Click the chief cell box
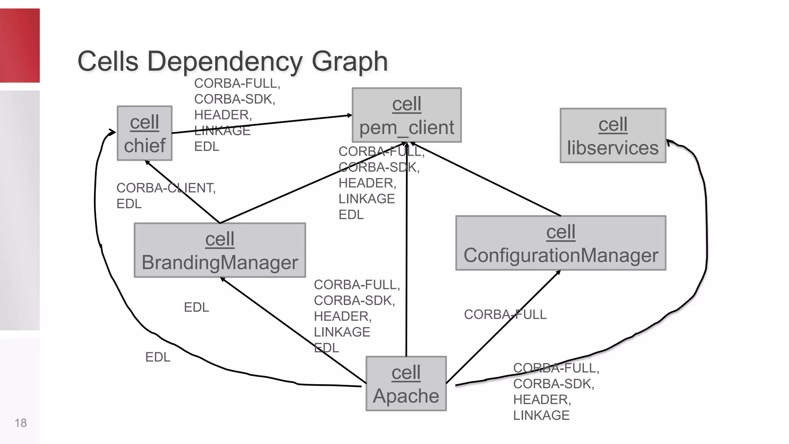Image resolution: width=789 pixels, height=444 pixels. point(144,133)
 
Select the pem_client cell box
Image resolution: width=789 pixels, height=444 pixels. point(406,115)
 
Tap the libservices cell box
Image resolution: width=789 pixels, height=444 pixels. point(613,136)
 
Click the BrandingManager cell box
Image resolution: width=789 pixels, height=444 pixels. point(220,250)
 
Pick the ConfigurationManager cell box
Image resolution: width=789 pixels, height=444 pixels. point(561,243)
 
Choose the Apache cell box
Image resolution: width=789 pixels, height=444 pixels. point(406,383)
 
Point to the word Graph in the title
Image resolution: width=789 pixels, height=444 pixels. point(349,62)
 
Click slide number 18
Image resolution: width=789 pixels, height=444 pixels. point(20,423)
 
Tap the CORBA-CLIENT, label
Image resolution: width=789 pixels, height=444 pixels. point(166,188)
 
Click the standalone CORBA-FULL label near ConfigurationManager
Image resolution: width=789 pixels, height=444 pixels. point(505,314)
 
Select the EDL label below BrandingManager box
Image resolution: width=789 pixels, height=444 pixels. point(196,307)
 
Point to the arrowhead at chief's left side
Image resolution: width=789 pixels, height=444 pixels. point(112,133)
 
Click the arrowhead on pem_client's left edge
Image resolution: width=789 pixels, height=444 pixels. point(349,115)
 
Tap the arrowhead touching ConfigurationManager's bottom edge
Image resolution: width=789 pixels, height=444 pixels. point(558,272)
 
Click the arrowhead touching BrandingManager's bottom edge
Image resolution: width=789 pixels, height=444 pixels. point(222,279)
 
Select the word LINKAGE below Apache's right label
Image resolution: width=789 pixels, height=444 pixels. point(541,415)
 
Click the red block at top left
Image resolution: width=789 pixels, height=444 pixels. point(20,45)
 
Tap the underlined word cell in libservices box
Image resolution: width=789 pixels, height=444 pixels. point(613,125)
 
